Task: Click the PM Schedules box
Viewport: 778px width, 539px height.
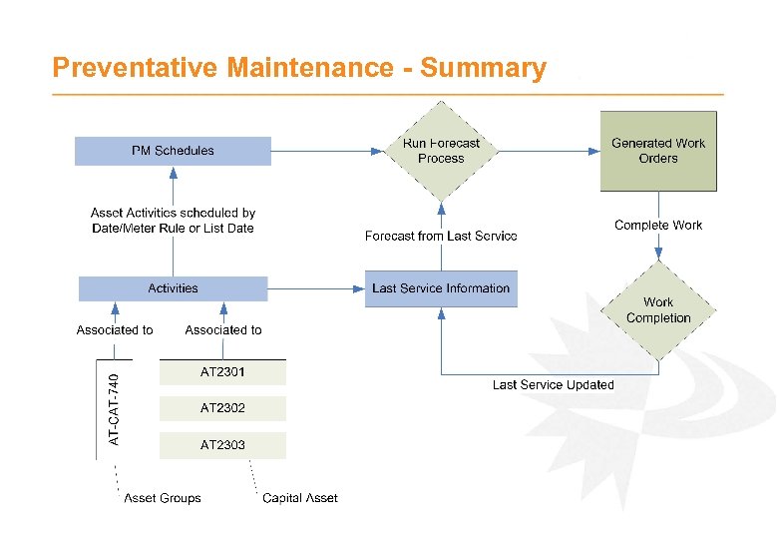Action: [173, 151]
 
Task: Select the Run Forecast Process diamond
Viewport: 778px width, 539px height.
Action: [441, 151]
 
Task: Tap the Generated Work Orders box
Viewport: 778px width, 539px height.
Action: [658, 151]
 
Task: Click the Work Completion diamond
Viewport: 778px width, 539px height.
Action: [658, 310]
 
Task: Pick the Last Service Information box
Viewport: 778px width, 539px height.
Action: [441, 288]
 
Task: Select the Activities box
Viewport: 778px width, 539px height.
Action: [173, 288]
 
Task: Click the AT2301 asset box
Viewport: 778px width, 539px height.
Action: [222, 372]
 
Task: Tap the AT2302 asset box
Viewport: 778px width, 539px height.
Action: [222, 408]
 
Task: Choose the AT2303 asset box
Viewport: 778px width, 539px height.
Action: [222, 445]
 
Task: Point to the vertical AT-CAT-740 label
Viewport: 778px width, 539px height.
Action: [114, 410]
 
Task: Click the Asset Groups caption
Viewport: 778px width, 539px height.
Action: [163, 498]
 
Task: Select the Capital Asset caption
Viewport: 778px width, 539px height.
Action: [300, 498]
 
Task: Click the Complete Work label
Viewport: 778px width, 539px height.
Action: [658, 226]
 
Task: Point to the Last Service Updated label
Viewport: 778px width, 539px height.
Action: [554, 385]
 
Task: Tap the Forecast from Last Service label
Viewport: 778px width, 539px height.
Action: [441, 237]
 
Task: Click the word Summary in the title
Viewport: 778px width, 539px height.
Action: [483, 68]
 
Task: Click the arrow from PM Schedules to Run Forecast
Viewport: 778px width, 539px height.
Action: [326, 152]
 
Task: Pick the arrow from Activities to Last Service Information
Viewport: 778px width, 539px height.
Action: [316, 288]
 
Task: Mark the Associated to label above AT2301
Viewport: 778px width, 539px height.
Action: [223, 330]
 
